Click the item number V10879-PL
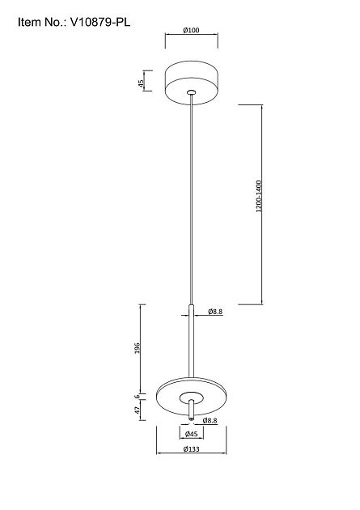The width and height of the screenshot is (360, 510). click(x=100, y=23)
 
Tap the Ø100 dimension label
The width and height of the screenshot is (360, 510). click(x=191, y=30)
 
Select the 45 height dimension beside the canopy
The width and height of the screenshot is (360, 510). click(x=141, y=83)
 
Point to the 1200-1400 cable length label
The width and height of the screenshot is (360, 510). click(x=259, y=196)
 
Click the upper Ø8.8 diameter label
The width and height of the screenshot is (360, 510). click(x=215, y=312)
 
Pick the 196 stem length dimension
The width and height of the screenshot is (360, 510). click(x=137, y=348)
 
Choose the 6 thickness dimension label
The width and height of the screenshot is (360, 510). click(x=137, y=397)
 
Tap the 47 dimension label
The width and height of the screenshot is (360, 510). click(x=137, y=410)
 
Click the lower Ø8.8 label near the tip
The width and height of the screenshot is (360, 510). click(x=210, y=421)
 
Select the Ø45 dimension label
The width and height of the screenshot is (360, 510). click(x=192, y=434)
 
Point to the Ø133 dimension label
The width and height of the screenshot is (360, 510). click(x=192, y=449)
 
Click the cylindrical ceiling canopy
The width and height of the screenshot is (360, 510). click(x=192, y=83)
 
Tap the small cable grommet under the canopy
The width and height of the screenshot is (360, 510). click(x=192, y=92)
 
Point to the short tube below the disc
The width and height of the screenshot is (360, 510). click(x=192, y=410)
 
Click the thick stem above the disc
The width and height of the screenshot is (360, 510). click(x=192, y=342)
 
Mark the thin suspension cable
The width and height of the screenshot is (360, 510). click(x=192, y=199)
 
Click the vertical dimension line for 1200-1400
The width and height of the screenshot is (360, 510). click(x=262, y=205)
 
